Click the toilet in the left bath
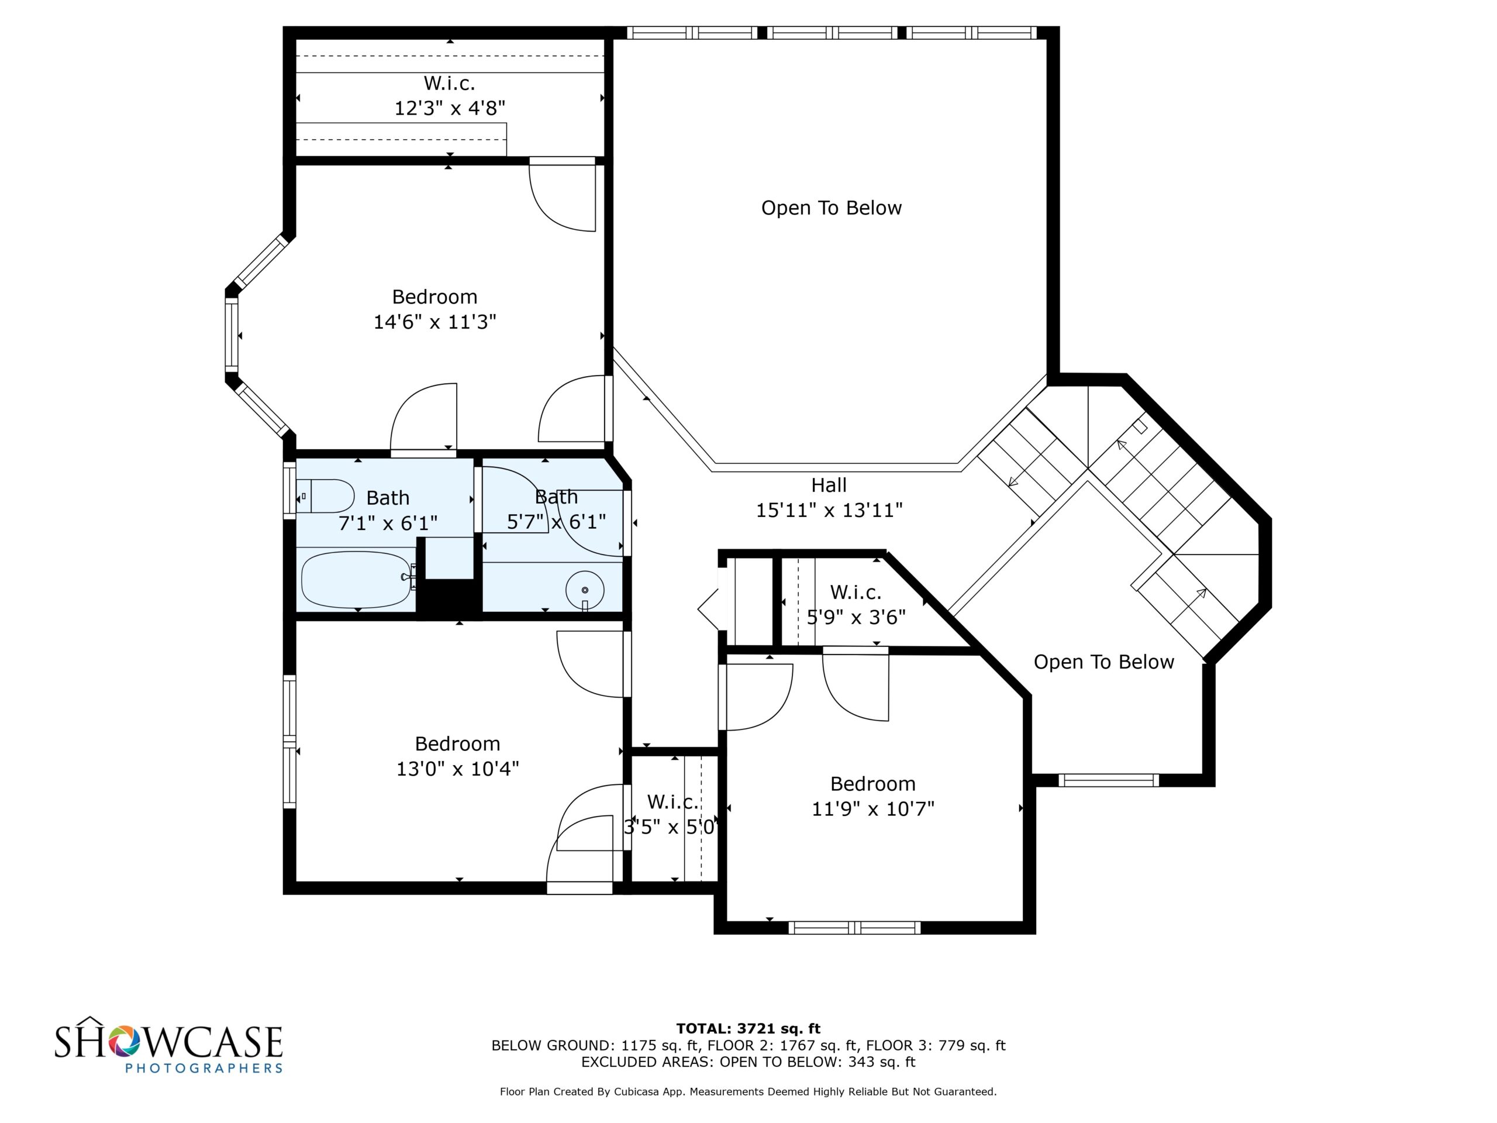point(326,496)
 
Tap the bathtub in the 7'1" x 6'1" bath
point(357,580)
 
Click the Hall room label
point(829,485)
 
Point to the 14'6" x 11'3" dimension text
point(435,322)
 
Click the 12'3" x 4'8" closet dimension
point(450,108)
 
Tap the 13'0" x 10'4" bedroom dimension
point(457,769)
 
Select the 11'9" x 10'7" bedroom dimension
point(873,809)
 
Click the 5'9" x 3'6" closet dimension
point(856,617)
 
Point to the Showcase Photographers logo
point(168,1045)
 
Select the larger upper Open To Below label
point(832,208)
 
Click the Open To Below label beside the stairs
point(1104,662)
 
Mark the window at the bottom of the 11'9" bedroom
point(854,928)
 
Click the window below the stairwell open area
point(1109,780)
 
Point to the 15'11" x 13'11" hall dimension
point(829,511)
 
